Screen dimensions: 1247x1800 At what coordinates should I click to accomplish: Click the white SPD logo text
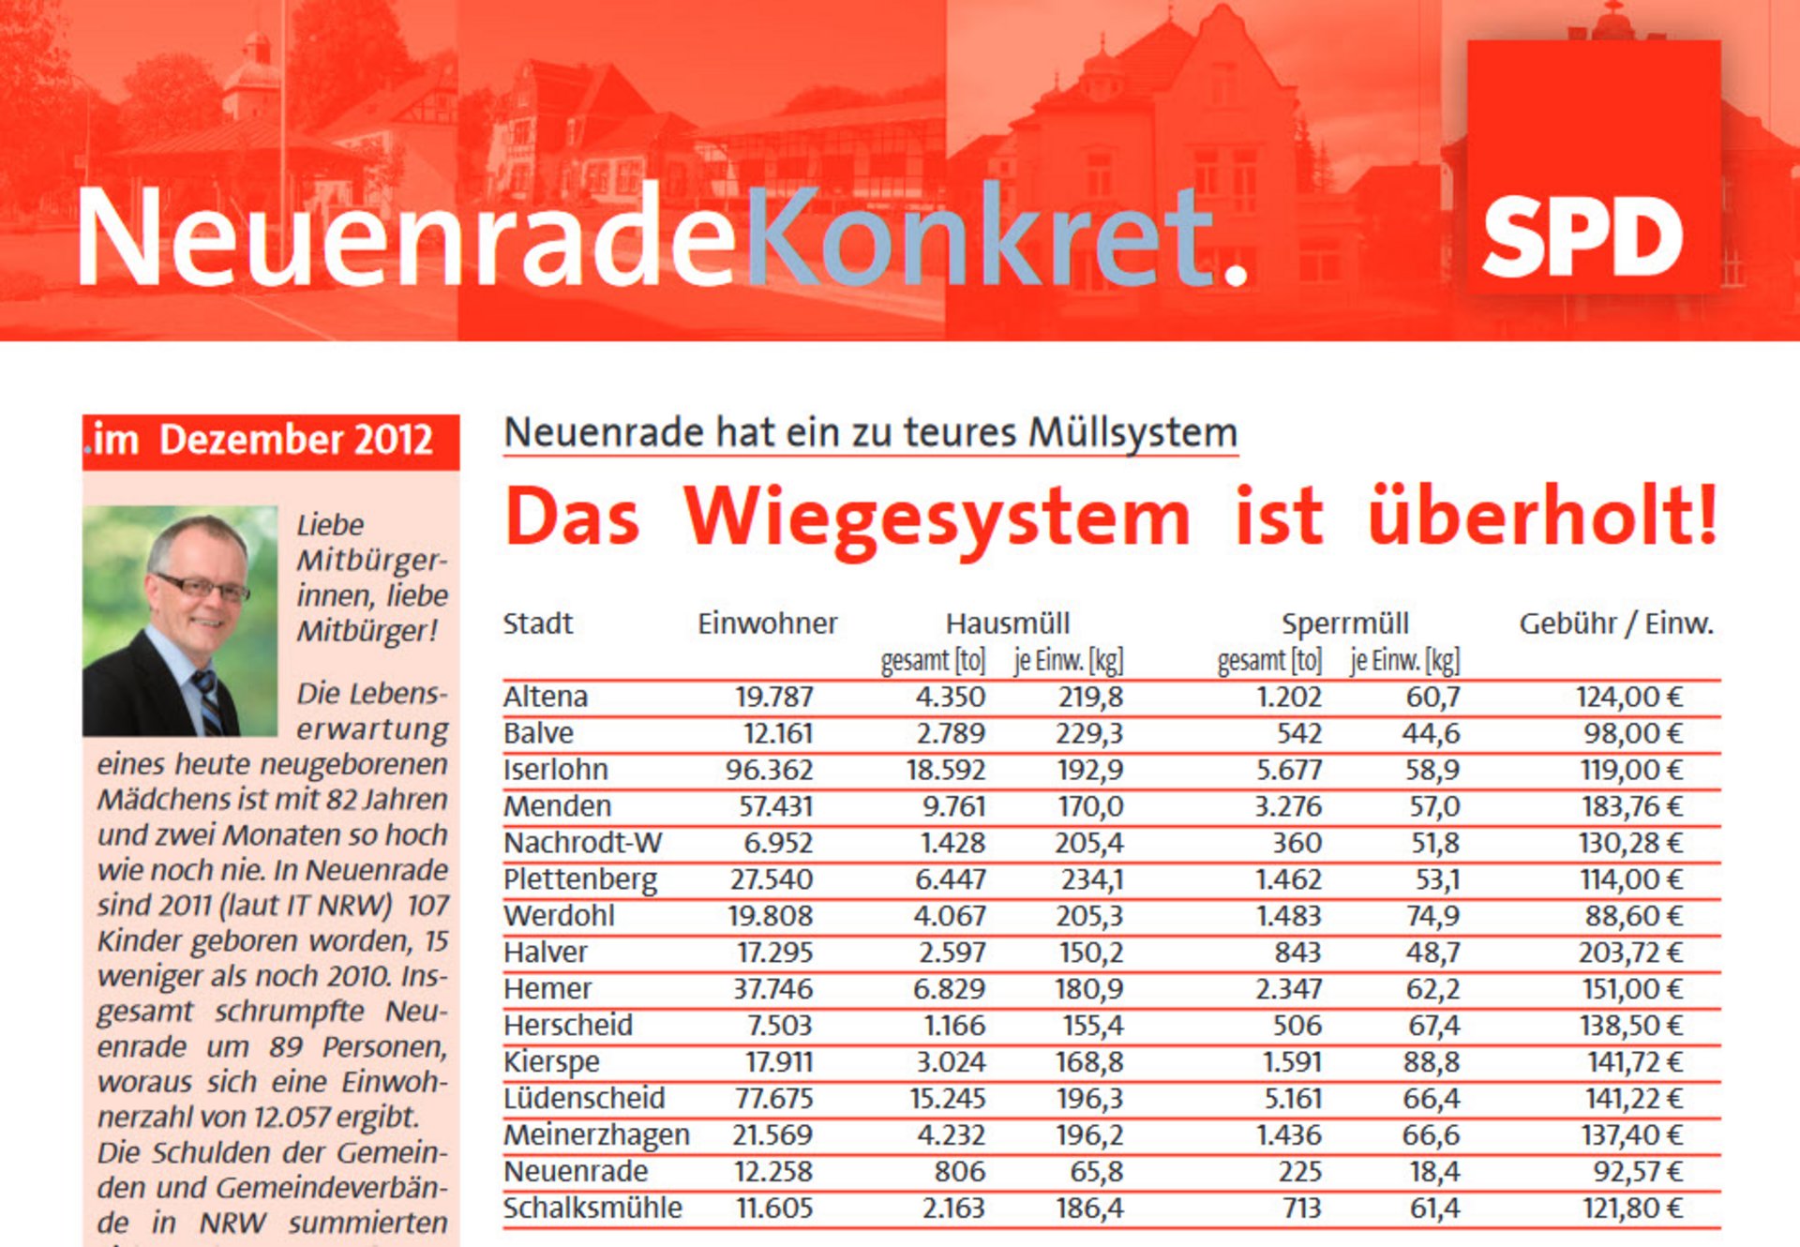(1582, 238)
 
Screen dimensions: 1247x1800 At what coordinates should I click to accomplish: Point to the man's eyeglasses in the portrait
(202, 588)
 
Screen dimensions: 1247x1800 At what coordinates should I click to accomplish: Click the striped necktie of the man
(208, 701)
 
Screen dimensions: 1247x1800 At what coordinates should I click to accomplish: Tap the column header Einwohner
(767, 623)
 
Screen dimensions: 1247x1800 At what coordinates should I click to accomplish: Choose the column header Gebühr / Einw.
(1615, 623)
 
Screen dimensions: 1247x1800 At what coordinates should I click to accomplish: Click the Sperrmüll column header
(1344, 623)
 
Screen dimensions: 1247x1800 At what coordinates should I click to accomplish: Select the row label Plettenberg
(579, 879)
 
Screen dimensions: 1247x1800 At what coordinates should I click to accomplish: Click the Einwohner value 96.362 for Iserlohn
(769, 770)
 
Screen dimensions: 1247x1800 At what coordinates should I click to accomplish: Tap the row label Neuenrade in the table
(575, 1171)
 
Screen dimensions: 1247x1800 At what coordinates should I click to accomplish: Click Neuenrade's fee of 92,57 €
(1637, 1171)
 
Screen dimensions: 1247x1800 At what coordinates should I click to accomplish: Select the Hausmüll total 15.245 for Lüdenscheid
(947, 1098)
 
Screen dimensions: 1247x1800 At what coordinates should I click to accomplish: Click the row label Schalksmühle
(592, 1208)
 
